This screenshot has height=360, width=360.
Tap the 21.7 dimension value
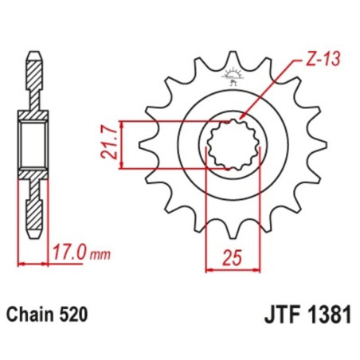coord(112,144)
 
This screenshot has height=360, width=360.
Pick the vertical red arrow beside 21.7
coord(127,144)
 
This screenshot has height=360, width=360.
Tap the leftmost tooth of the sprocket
coord(147,145)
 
